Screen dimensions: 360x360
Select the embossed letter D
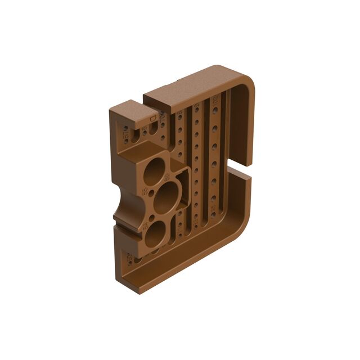pyautogui.click(x=152, y=119)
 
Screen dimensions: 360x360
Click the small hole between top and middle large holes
pyautogui.click(x=152, y=193)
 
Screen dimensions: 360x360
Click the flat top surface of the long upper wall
pyautogui.click(x=191, y=84)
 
